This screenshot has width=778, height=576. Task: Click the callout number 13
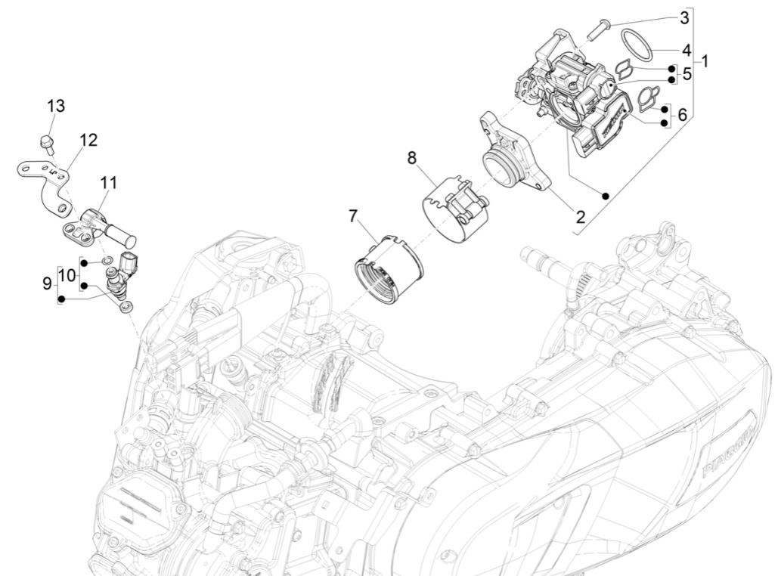tap(57, 106)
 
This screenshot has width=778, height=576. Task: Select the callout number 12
tap(88, 140)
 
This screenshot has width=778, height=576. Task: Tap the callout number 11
tap(109, 182)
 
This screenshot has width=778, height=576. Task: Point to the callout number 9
tap(47, 283)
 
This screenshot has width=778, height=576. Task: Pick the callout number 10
tap(68, 274)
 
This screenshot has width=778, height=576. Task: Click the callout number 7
tap(353, 216)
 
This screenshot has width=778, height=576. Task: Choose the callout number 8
tap(411, 158)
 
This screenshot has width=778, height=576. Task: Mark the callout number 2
tap(580, 218)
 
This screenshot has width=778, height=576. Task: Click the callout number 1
tap(705, 60)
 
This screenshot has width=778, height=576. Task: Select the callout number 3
tap(684, 17)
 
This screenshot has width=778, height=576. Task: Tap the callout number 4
tap(686, 51)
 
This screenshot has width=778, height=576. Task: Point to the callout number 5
tap(687, 74)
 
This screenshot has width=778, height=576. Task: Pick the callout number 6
tap(683, 115)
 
